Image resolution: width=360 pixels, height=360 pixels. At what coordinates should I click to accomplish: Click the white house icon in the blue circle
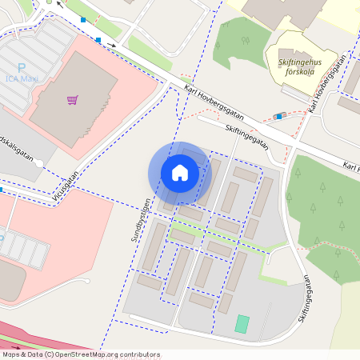click(180, 173)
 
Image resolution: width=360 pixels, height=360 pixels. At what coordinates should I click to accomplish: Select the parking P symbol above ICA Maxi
click(22, 68)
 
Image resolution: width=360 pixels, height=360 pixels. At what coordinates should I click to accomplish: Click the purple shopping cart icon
click(73, 100)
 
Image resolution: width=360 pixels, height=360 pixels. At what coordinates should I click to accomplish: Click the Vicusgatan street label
click(66, 183)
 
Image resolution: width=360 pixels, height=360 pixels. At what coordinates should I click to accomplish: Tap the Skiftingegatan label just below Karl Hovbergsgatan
click(246, 134)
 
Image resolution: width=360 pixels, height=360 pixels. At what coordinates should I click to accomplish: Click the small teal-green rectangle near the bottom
click(242, 324)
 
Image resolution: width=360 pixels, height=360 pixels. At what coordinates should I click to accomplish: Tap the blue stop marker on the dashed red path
click(279, 116)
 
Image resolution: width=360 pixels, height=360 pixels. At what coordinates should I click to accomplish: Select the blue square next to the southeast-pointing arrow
click(98, 39)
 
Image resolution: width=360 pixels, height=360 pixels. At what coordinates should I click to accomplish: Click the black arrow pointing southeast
click(113, 44)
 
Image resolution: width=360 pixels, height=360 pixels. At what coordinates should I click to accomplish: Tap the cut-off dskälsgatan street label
click(18, 149)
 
